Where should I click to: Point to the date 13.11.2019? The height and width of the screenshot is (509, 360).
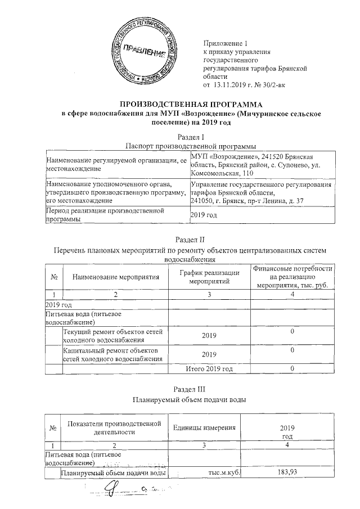(231, 84)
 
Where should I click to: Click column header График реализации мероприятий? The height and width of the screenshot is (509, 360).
(209, 276)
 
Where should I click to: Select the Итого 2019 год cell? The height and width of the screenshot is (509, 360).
(209, 368)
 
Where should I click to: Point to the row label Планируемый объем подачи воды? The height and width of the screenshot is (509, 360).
(114, 472)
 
